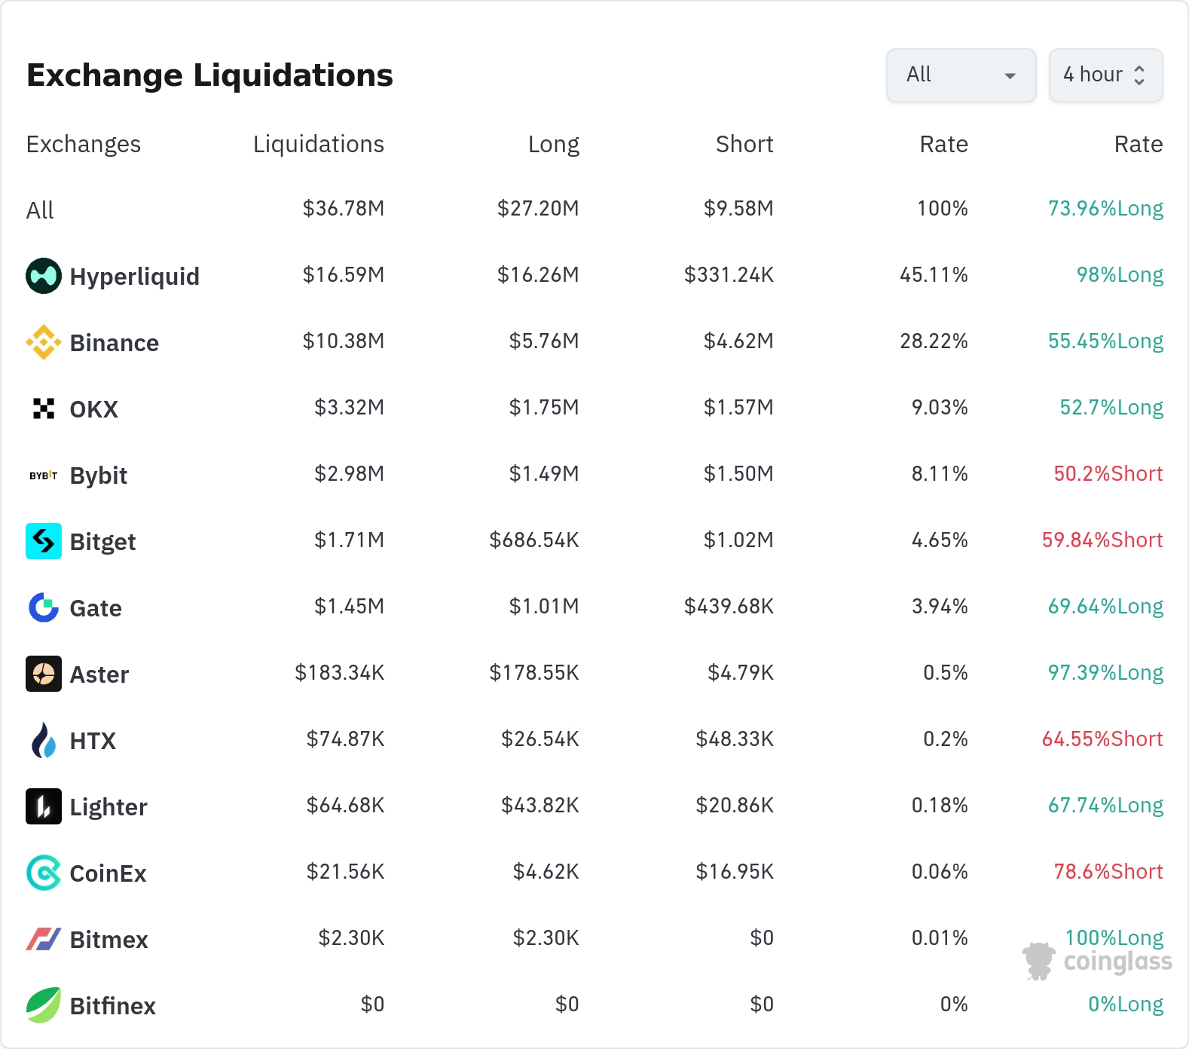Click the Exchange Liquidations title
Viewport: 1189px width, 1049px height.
click(x=209, y=75)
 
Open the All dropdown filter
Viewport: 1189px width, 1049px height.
click(x=961, y=75)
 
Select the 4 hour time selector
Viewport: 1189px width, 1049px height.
click(x=1105, y=75)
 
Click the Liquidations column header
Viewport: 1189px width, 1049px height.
click(x=319, y=144)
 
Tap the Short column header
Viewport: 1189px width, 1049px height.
click(x=744, y=144)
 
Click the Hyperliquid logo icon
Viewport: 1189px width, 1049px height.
click(x=44, y=276)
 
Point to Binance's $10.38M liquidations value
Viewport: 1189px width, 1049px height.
click(x=344, y=341)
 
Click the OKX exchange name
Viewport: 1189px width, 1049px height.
click(x=94, y=409)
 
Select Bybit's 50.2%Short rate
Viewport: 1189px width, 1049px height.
click(x=1108, y=474)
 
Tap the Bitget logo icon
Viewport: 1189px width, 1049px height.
click(x=44, y=541)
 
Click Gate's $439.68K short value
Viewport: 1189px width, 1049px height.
click(x=729, y=607)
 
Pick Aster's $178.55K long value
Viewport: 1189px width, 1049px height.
click(x=534, y=673)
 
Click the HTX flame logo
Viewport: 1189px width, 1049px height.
click(x=44, y=740)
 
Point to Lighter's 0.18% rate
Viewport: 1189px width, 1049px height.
click(x=940, y=806)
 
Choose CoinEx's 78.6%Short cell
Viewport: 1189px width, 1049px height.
click(x=1108, y=872)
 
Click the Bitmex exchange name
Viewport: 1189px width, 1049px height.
click(x=109, y=940)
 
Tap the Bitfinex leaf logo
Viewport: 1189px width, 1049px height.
click(x=44, y=1005)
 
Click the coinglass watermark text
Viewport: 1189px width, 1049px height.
click(x=1118, y=962)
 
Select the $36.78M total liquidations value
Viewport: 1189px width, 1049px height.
click(x=344, y=209)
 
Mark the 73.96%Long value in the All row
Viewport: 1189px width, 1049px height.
click(x=1105, y=209)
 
